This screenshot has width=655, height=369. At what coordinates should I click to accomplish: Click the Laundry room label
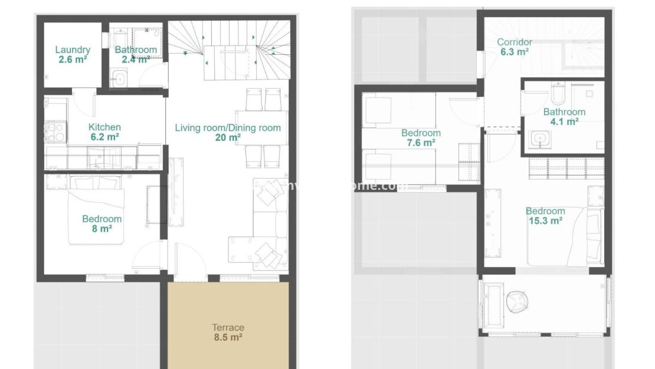73,50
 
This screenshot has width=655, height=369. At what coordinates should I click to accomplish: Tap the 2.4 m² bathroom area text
136,60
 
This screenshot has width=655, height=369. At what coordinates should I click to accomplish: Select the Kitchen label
104,127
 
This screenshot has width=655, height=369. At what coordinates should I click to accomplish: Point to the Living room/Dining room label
228,128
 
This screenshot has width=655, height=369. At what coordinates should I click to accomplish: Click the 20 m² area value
228,138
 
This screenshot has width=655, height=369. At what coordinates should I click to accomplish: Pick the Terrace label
228,328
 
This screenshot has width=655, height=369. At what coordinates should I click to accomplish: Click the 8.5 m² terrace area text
228,338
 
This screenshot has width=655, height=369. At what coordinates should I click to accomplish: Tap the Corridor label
514,42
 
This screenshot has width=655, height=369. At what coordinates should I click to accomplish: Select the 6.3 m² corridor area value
514,52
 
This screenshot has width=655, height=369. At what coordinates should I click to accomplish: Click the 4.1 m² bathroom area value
564,122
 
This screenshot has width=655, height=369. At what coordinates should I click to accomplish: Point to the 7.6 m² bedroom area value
421,143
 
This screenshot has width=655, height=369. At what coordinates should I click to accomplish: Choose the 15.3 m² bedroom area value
545,221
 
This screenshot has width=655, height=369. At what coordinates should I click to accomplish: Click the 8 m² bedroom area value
102,229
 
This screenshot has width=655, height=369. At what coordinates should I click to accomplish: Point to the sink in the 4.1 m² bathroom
538,140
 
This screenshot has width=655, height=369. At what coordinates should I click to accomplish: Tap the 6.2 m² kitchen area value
104,137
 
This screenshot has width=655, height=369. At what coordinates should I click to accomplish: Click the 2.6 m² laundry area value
73,60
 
